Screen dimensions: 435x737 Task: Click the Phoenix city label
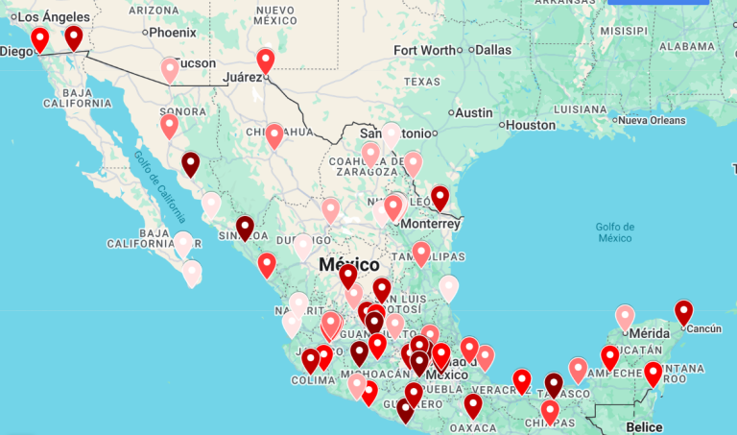(173, 32)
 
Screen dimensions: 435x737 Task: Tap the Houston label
(531, 125)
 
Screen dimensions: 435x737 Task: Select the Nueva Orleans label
(653, 120)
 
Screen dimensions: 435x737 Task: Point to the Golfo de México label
(614, 231)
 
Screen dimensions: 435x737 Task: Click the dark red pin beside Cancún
(683, 312)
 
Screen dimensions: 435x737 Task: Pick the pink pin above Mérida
(625, 316)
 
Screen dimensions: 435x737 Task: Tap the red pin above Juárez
(266, 60)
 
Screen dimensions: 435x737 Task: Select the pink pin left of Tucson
(170, 69)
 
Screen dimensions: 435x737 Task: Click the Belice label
(643, 426)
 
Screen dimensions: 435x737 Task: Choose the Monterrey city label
(431, 223)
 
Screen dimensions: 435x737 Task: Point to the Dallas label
(493, 50)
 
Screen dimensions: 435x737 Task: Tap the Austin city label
(474, 112)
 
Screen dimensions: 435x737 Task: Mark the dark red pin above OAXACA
(473, 405)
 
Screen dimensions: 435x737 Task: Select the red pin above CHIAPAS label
(550, 411)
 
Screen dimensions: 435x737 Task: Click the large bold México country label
(349, 264)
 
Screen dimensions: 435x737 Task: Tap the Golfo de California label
(159, 183)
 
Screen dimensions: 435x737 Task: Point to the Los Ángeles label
(54, 17)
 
